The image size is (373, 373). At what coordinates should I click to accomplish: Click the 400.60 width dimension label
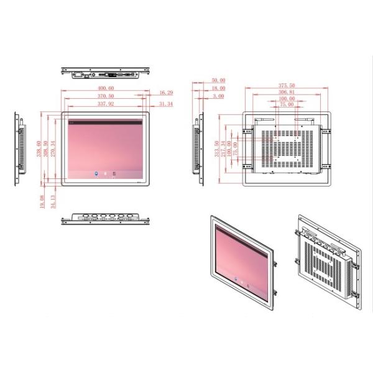pyautogui.click(x=106, y=89)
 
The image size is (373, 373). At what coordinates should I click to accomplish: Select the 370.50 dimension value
pyautogui.click(x=106, y=96)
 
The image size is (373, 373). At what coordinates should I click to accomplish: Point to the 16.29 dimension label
pyautogui.click(x=166, y=93)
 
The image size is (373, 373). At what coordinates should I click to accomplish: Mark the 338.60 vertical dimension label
pyautogui.click(x=39, y=149)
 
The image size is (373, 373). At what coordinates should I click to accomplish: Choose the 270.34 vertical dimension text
pyautogui.click(x=54, y=149)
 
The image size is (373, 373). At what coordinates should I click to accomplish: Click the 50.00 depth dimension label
pyautogui.click(x=218, y=80)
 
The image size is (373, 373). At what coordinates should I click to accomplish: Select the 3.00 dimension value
pyautogui.click(x=218, y=96)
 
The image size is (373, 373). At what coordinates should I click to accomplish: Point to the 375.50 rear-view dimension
pyautogui.click(x=287, y=85)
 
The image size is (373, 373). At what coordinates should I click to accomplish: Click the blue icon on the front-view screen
pyautogui.click(x=95, y=173)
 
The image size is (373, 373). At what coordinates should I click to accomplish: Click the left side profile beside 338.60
pyautogui.click(x=19, y=149)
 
